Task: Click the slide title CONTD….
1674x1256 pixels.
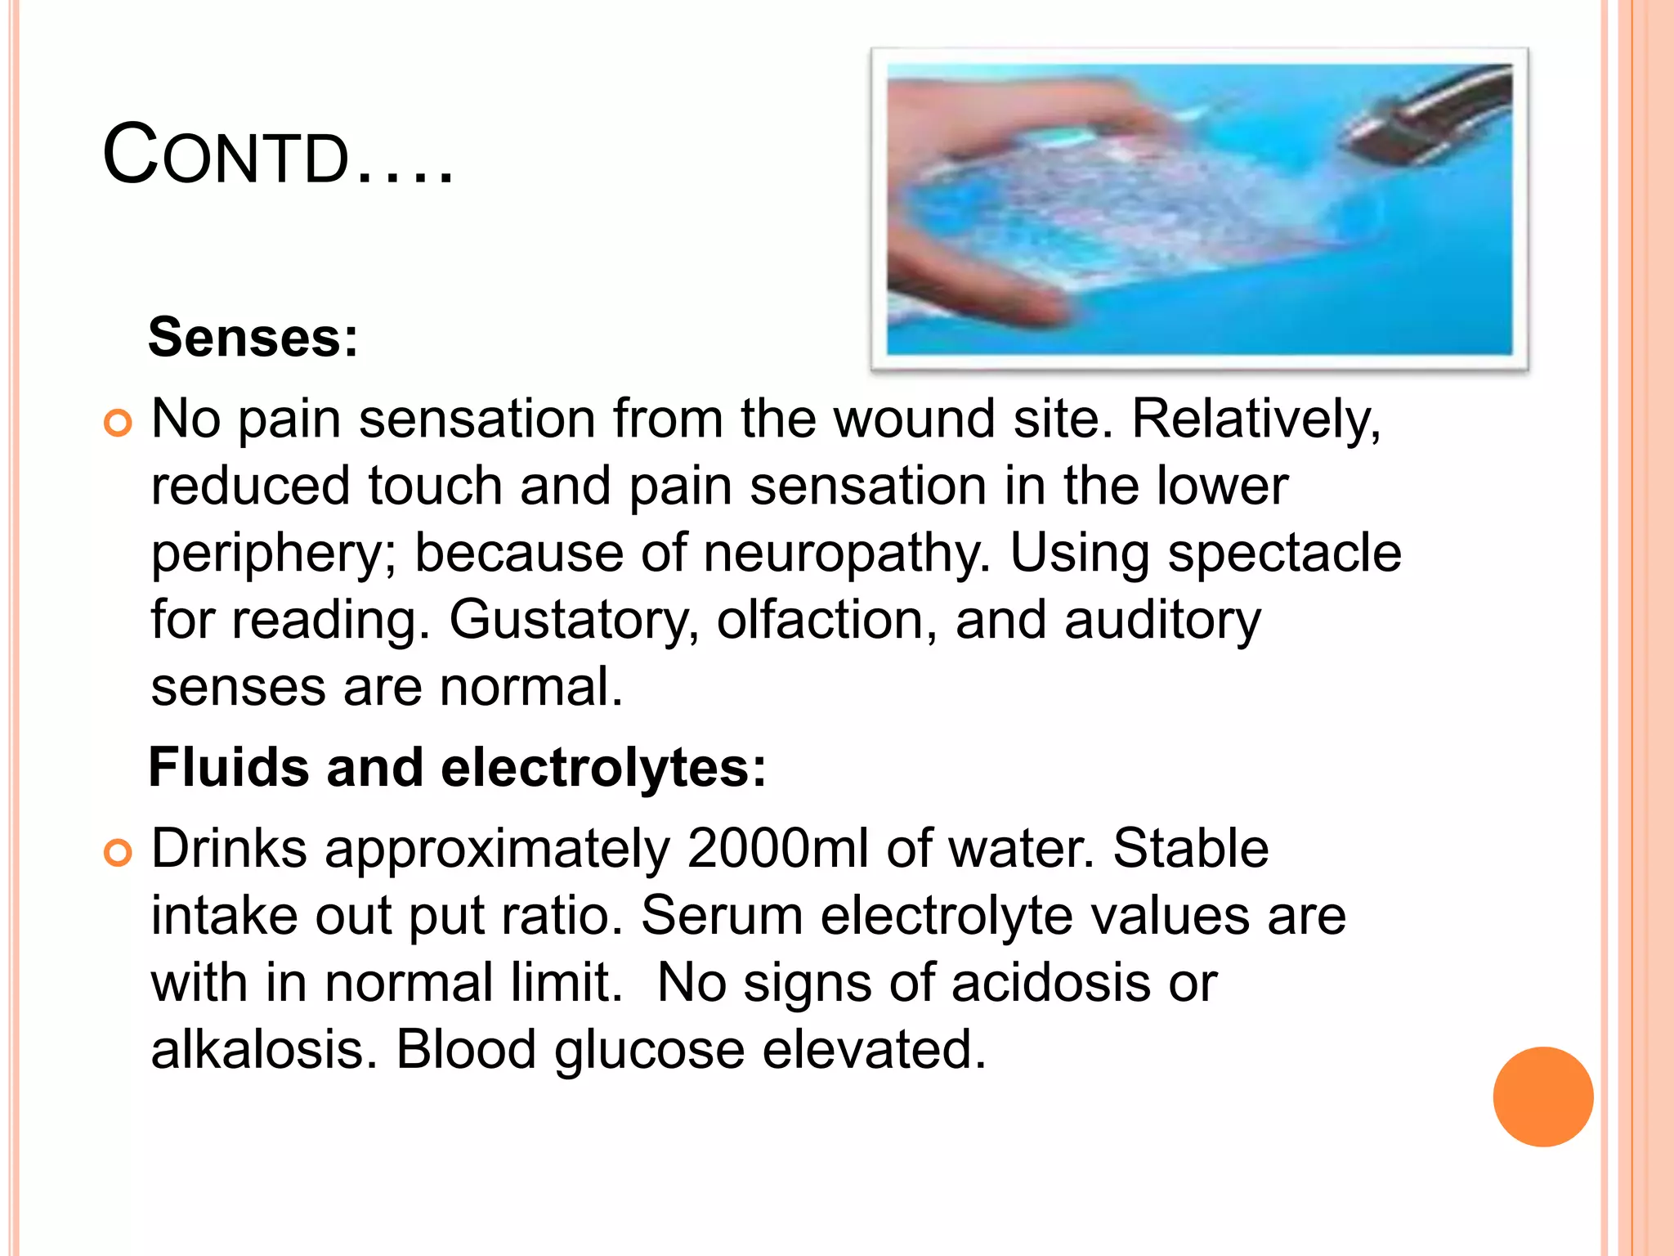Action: coord(278,155)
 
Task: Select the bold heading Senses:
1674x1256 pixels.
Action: coord(253,337)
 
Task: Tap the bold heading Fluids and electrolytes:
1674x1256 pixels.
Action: coord(458,768)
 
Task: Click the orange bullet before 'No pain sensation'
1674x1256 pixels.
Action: coord(119,423)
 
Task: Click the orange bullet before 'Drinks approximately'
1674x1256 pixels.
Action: coord(119,853)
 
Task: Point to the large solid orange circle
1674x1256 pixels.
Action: coord(1542,1097)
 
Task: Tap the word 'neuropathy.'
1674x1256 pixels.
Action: coord(847,553)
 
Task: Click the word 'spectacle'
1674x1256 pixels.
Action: coord(1284,553)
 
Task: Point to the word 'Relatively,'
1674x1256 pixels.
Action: coord(1255,419)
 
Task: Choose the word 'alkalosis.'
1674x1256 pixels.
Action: coord(264,1049)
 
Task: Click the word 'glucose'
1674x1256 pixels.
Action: coord(650,1051)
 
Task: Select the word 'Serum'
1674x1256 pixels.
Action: coord(722,915)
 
